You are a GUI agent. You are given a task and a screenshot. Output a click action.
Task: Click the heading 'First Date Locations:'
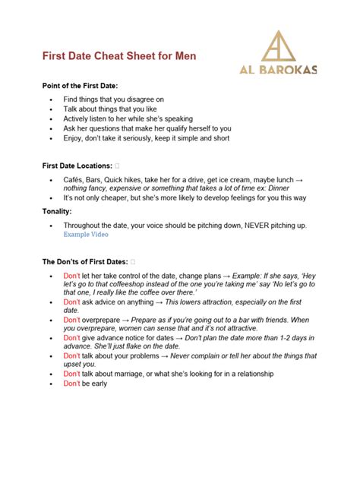(77, 165)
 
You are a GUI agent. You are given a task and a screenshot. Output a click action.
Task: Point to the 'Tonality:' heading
(57, 211)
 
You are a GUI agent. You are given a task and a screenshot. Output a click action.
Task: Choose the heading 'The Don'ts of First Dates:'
(85, 261)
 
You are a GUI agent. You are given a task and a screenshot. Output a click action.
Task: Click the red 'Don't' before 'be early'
(71, 384)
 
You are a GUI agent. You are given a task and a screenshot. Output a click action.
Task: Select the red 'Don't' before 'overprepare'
(71, 320)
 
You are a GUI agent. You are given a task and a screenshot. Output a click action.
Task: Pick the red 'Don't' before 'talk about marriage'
(71, 374)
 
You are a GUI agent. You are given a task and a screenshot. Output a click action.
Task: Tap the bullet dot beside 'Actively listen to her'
(50, 118)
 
